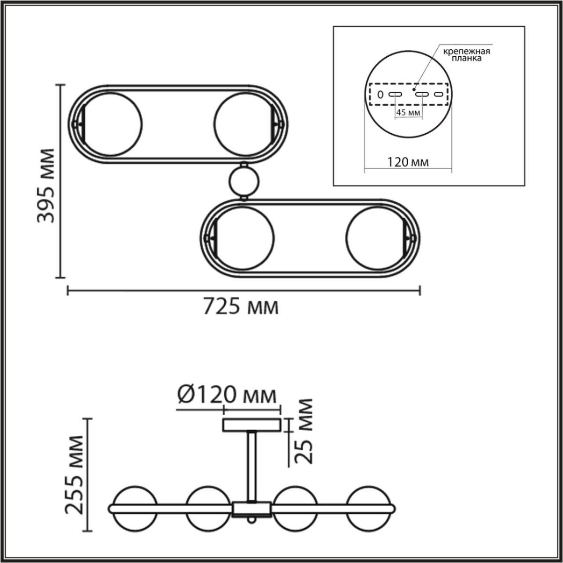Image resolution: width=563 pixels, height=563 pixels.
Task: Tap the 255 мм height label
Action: point(74,475)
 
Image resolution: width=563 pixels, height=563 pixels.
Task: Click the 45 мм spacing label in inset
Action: point(407,113)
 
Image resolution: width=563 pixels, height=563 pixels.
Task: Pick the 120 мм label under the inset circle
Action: point(408,162)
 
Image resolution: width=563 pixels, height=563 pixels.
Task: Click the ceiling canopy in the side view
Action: point(251,426)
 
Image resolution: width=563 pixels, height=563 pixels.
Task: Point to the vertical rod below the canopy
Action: point(252,467)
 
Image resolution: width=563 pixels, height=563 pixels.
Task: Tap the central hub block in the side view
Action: point(252,509)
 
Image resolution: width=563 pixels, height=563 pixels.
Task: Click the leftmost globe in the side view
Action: point(134,509)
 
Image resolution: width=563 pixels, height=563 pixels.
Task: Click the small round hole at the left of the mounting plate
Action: point(380,95)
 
